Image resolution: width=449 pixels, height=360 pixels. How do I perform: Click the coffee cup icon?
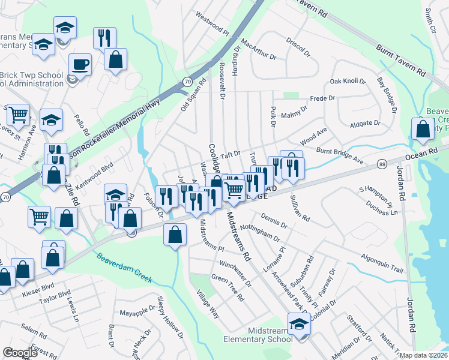[79, 64]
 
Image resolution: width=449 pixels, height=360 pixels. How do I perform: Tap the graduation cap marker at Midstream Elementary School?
[298, 325]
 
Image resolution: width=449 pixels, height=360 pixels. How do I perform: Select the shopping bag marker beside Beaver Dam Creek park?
[423, 128]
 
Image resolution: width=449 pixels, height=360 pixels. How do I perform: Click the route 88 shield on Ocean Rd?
[382, 164]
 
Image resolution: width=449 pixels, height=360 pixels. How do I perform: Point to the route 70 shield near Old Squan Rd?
[187, 81]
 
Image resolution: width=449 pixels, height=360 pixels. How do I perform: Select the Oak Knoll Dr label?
[348, 81]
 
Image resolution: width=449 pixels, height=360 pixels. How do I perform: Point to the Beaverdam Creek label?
[125, 268]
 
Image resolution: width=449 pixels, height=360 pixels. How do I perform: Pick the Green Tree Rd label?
[228, 287]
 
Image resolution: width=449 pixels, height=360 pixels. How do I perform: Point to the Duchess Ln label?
[386, 212]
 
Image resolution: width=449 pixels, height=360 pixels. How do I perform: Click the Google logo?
[20, 353]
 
